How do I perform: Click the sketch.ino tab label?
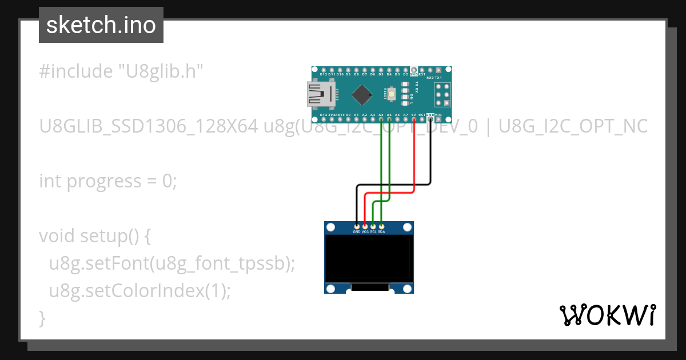(x=101, y=25)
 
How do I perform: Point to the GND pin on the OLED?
(x=357, y=227)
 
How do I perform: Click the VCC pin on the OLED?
(x=365, y=227)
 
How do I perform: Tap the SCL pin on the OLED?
(x=373, y=227)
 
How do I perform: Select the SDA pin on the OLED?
(x=381, y=227)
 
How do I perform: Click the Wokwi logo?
(x=607, y=315)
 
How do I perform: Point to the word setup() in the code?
(x=109, y=236)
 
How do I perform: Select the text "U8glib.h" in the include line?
(x=160, y=71)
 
